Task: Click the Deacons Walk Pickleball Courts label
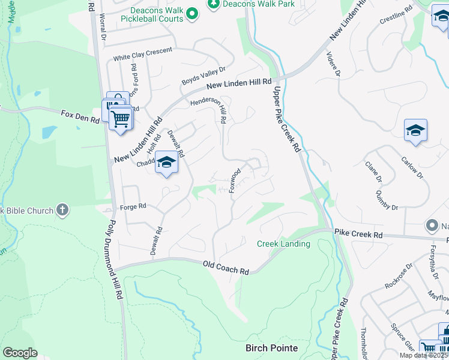coord(154,17)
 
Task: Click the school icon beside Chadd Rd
coord(167,162)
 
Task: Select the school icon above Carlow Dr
coord(415,130)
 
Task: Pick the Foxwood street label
coord(235,180)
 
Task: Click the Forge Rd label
coord(134,206)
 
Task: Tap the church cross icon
coord(62,210)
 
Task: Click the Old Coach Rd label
coord(226,268)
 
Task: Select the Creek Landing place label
coord(283,244)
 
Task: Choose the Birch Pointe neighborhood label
coord(272,348)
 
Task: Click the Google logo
coord(20,353)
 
